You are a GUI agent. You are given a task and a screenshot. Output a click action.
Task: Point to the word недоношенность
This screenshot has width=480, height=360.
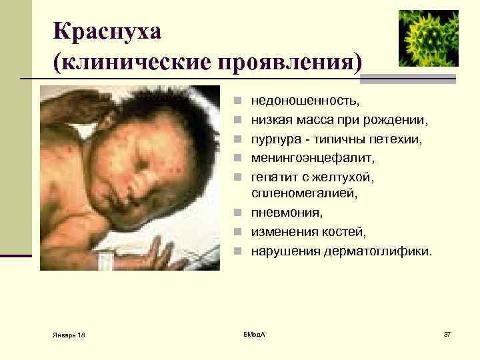(305, 101)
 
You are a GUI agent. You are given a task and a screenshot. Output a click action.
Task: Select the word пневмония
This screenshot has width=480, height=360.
(286, 213)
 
